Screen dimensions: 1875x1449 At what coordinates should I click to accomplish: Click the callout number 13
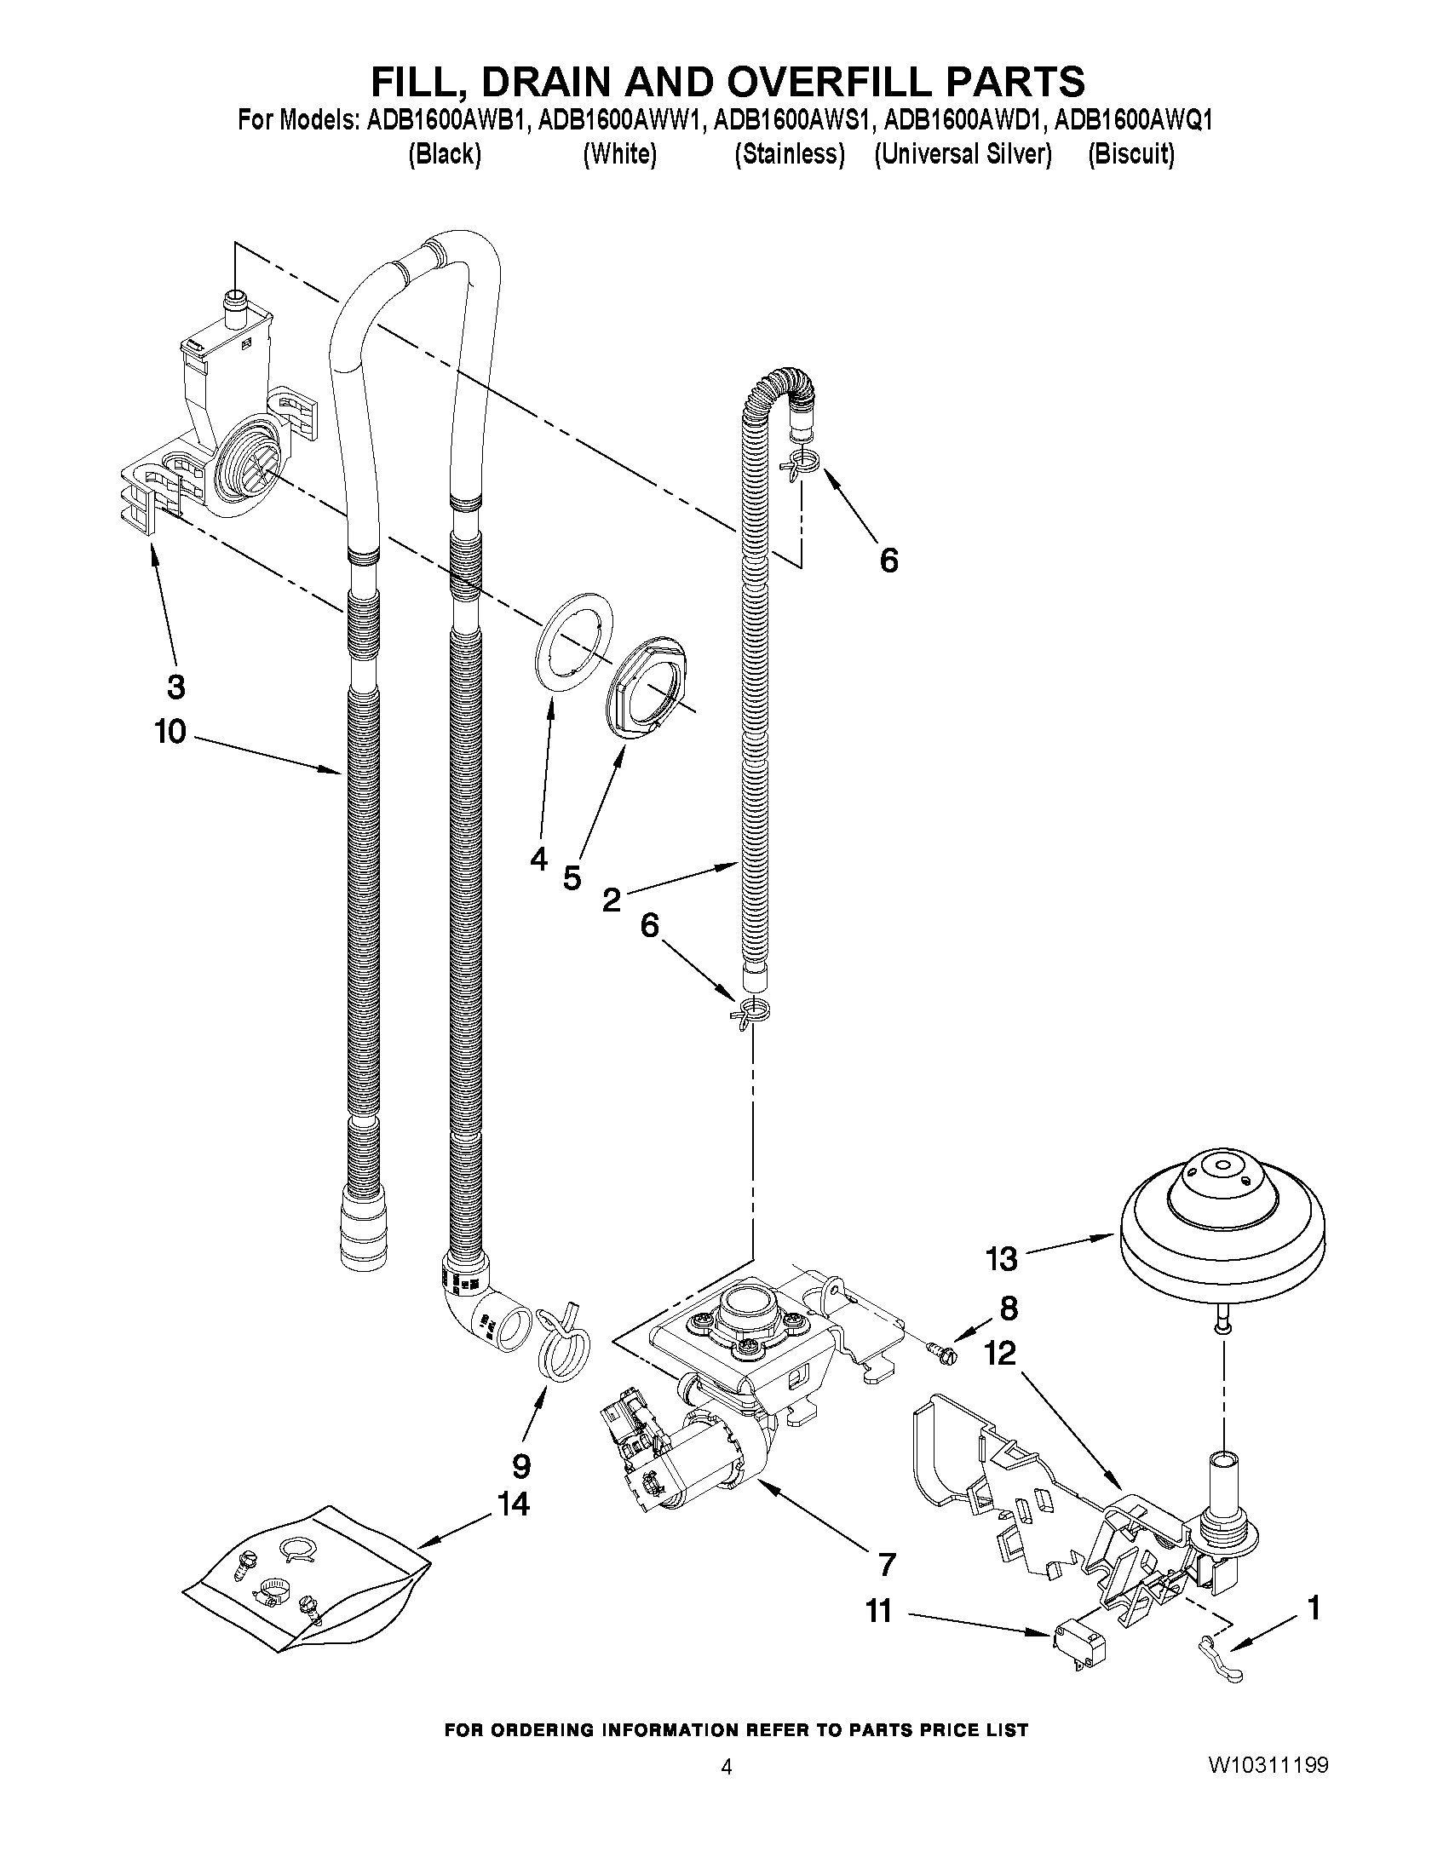pos(1001,1259)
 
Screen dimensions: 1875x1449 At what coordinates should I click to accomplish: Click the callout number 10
pos(170,733)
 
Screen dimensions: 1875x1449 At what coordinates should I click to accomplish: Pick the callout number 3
pos(175,686)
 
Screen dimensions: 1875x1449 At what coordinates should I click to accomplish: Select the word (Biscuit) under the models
pos(1130,154)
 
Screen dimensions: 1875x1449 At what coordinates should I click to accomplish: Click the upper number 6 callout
pos(888,561)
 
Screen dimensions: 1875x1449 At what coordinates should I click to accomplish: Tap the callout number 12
pos(1000,1354)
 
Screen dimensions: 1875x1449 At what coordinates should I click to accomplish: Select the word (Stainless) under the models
pos(789,154)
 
